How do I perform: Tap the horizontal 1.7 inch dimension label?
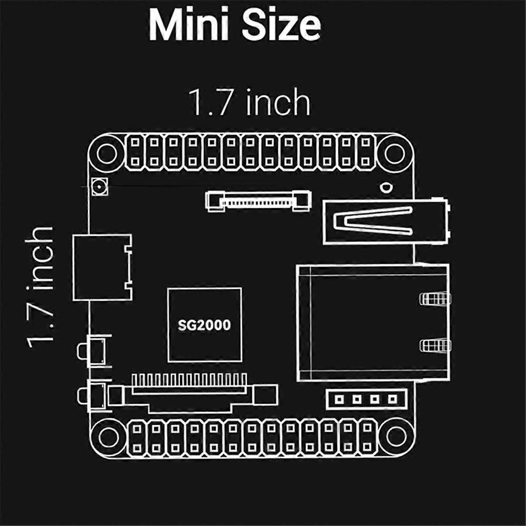[x=249, y=103]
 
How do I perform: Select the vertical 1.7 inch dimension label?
[x=40, y=287]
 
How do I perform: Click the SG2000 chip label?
[x=204, y=325]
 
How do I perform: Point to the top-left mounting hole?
[x=105, y=154]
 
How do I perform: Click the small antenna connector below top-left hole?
[x=99, y=188]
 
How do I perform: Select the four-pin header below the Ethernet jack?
[x=366, y=399]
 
